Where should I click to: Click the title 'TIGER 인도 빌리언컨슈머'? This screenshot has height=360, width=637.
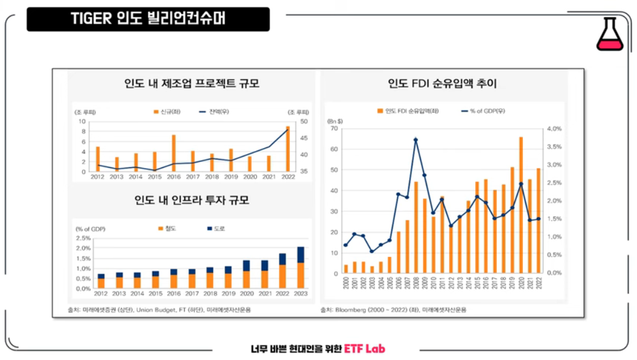click(148, 19)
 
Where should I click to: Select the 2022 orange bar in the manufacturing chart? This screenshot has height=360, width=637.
click(287, 149)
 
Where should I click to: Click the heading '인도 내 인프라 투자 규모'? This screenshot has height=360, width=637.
click(191, 200)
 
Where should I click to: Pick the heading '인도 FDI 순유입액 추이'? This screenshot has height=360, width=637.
click(442, 84)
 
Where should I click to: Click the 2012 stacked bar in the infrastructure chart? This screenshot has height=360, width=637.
click(101, 281)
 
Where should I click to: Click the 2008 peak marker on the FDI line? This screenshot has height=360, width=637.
click(416, 140)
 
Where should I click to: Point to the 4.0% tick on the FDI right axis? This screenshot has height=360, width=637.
click(554, 129)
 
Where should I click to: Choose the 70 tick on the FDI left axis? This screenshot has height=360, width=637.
click(333, 129)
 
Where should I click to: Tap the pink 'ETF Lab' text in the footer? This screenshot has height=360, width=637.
click(365, 349)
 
